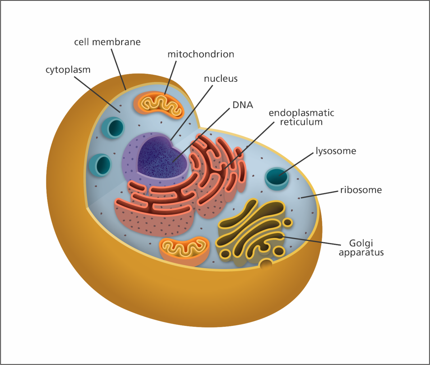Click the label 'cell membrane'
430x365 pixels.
[x=107, y=42]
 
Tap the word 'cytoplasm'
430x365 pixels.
[x=68, y=70]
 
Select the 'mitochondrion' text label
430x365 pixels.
[x=201, y=54]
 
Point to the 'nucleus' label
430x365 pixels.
[x=221, y=79]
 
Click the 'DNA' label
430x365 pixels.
[x=243, y=105]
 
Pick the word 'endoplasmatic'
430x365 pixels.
[x=301, y=113]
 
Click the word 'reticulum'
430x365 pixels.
[x=301, y=122]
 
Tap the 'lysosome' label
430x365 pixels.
[x=336, y=151]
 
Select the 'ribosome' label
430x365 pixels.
[x=361, y=190]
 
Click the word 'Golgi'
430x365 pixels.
[x=361, y=243]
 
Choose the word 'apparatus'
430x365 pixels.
[x=361, y=252]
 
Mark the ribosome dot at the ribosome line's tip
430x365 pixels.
[x=299, y=198]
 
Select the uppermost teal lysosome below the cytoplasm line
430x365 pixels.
[x=113, y=128]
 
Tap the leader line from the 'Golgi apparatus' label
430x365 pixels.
[x=312, y=240]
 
